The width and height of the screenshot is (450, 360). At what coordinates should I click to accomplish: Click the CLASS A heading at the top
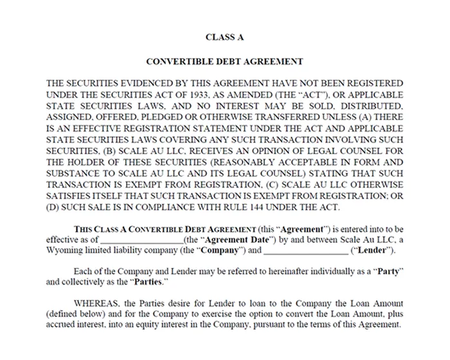(x=224, y=37)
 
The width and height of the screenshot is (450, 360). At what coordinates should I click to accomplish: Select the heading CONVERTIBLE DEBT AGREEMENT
(x=224, y=62)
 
